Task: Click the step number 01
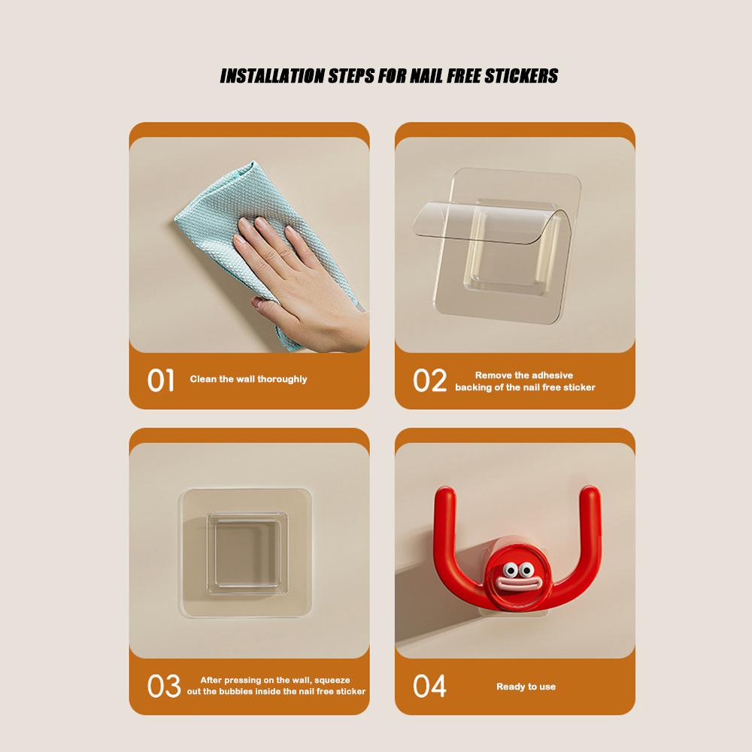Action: [x=160, y=380]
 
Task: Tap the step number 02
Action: [x=429, y=381]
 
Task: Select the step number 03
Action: [x=163, y=686]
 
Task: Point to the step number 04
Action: [x=429, y=686]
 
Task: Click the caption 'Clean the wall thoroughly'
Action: [x=248, y=379]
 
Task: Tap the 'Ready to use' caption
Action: [x=526, y=687]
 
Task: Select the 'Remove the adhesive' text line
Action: [x=524, y=374]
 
